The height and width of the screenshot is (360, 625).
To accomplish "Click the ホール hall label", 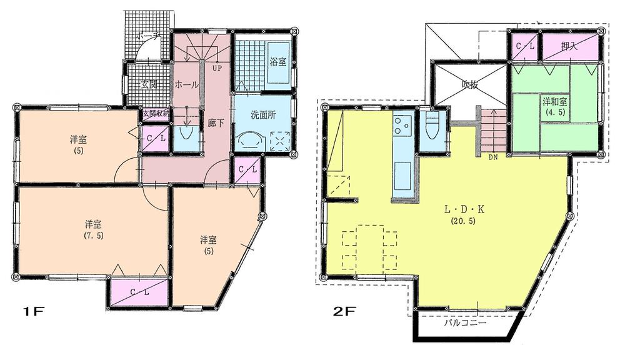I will click(186, 84).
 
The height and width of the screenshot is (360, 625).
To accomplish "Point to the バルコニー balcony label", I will click(465, 324).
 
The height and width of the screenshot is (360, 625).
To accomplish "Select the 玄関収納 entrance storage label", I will click(155, 115).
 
